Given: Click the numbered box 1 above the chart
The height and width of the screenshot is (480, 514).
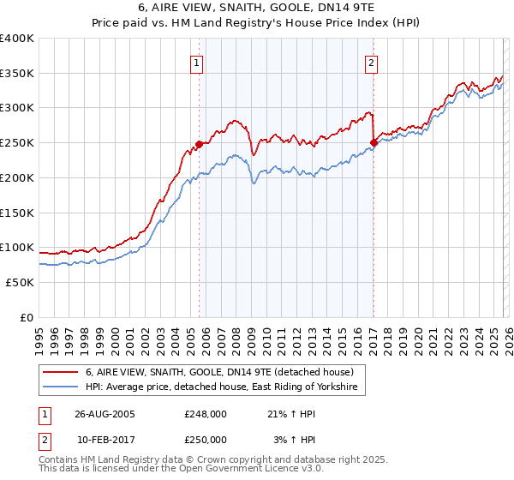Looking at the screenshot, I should (198, 63).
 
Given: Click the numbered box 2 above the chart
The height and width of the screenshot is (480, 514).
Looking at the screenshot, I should (372, 63).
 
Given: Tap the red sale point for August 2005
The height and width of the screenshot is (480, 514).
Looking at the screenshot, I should (200, 144).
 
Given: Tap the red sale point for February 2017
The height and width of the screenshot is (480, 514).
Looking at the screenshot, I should (374, 142).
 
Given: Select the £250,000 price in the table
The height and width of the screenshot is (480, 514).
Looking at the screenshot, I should (206, 439).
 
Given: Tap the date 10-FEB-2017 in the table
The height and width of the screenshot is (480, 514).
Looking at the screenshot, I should (102, 439).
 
